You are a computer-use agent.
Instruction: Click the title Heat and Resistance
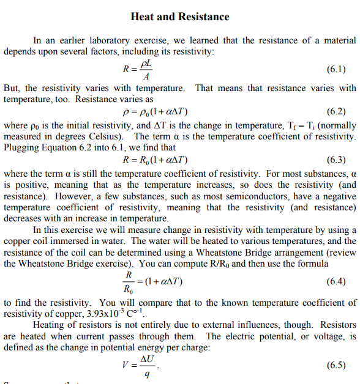pos(180,17)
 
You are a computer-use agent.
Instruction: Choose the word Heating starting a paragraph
pos(51,325)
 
